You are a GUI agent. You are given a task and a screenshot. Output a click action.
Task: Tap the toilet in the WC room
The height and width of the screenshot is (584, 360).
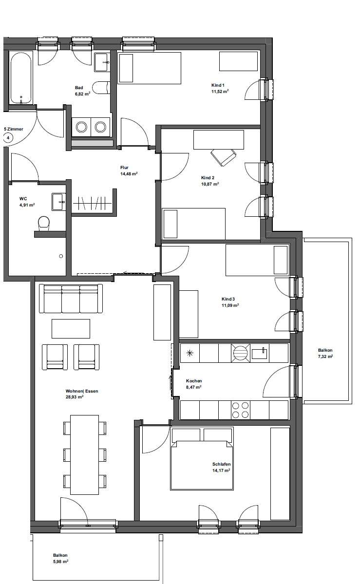point(43,223)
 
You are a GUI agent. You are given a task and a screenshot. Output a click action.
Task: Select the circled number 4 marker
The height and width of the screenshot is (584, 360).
point(8,138)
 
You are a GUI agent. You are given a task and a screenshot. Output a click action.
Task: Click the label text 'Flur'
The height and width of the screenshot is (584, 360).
point(124,167)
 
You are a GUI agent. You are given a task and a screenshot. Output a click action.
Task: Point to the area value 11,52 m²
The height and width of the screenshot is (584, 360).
point(220,91)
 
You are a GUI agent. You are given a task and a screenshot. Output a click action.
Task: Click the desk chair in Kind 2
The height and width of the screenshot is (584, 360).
point(223,156)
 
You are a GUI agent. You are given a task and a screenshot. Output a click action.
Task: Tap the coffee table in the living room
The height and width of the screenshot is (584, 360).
point(71,328)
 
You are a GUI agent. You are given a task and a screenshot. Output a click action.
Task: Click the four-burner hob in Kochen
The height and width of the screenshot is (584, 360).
point(239,410)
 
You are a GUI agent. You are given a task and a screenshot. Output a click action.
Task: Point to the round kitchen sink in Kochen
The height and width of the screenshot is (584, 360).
point(239,352)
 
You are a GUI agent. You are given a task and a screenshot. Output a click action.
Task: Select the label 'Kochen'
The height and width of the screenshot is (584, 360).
point(194,381)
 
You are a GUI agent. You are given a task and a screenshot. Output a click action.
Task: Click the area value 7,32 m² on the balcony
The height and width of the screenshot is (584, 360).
point(325,357)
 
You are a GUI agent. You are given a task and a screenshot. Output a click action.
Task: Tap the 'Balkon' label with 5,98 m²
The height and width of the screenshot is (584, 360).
point(60,555)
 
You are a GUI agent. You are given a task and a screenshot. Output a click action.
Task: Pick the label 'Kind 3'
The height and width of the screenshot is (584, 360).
point(228,299)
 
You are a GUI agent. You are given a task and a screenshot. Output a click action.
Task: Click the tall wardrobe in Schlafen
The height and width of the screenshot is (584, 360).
point(280,473)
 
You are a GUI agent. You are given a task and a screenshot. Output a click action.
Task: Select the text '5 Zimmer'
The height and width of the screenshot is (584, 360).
point(13,130)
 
